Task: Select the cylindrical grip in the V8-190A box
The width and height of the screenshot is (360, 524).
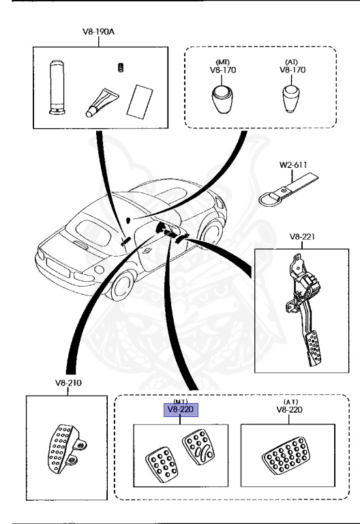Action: point(55,87)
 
